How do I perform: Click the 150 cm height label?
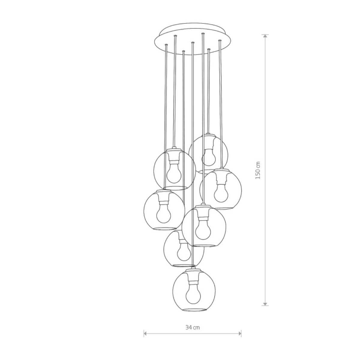[258, 170]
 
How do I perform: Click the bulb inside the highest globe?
[208, 157]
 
